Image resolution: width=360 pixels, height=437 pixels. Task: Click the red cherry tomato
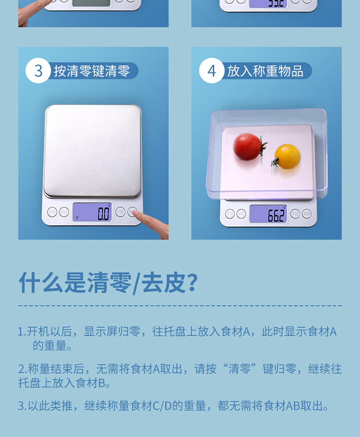click(247, 146)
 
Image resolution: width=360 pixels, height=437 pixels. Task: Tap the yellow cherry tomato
click(288, 156)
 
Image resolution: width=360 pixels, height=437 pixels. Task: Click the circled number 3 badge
click(38, 71)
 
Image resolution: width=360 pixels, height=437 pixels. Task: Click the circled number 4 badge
click(212, 71)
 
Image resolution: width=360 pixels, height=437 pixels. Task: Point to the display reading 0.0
click(92, 212)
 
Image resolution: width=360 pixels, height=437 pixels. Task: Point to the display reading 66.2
click(268, 214)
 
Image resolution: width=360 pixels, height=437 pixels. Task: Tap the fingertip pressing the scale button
click(139, 217)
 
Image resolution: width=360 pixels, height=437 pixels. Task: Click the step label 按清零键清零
click(92, 72)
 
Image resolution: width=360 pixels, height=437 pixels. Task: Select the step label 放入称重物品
click(265, 72)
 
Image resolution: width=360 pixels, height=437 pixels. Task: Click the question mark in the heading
click(191, 283)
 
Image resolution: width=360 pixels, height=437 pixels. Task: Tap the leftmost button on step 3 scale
click(52, 211)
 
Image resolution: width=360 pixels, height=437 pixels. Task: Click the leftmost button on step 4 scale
click(230, 214)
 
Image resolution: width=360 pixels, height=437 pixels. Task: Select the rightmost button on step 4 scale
click(307, 214)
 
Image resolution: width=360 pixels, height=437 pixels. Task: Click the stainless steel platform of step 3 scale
click(93, 149)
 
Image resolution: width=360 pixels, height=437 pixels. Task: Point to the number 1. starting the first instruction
click(22, 332)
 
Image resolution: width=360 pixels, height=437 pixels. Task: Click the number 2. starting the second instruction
click(22, 369)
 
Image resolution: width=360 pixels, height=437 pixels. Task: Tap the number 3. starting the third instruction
click(22, 406)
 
